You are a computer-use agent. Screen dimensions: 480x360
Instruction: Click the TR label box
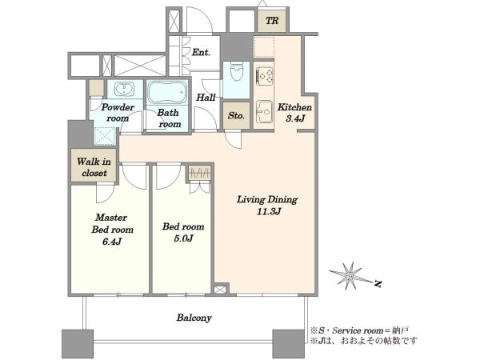pyautogui.click(x=272, y=21)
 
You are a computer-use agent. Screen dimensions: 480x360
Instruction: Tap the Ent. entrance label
pyautogui.click(x=201, y=52)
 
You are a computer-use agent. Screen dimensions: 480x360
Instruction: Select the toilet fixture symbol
pyautogui.click(x=236, y=70)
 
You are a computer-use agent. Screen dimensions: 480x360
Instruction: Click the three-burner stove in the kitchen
pyautogui.click(x=265, y=76)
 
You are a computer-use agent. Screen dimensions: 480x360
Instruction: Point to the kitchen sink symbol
pyautogui.click(x=264, y=111)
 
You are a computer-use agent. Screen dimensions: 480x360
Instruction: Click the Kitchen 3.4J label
pyautogui.click(x=294, y=112)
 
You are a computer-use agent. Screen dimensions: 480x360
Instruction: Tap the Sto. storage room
pyautogui.click(x=236, y=115)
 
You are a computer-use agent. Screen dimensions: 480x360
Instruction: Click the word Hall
pyautogui.click(x=206, y=98)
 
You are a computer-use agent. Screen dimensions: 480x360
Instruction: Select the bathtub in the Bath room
pyautogui.click(x=167, y=93)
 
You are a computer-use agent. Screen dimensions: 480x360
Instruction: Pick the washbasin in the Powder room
pyautogui.click(x=124, y=90)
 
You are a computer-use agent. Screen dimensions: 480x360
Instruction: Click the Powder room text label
pyautogui.click(x=118, y=112)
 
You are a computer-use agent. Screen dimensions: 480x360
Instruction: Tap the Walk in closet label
pyautogui.click(x=94, y=167)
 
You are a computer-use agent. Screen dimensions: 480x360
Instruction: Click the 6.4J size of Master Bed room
pyautogui.click(x=112, y=242)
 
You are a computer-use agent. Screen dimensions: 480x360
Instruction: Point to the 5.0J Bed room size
pyautogui.click(x=183, y=238)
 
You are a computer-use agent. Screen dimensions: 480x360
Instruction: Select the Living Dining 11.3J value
pyautogui.click(x=269, y=211)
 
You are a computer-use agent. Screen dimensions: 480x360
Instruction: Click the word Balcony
pyautogui.click(x=194, y=318)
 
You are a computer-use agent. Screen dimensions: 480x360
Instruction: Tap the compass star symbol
pyautogui.click(x=350, y=275)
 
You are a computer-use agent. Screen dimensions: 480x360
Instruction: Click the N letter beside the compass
pyautogui.click(x=378, y=284)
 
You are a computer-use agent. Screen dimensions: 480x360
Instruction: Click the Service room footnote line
pyautogui.click(x=359, y=330)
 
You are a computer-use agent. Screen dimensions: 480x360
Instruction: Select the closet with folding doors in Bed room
pyautogui.click(x=200, y=179)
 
